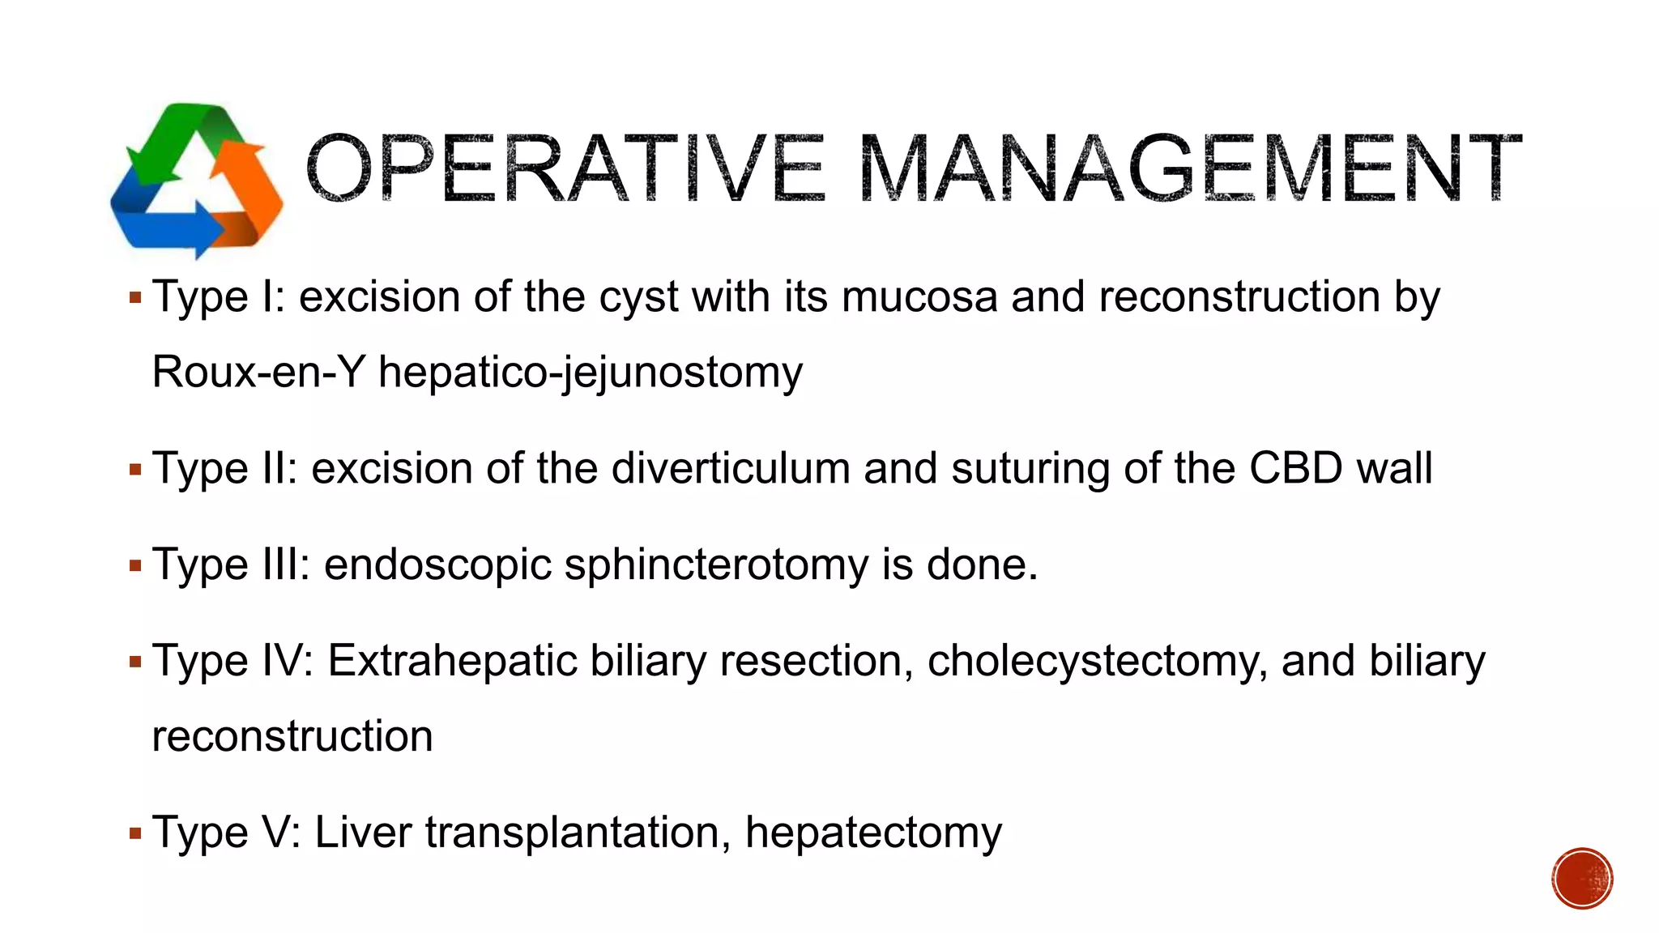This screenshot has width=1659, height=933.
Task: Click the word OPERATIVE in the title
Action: click(x=565, y=168)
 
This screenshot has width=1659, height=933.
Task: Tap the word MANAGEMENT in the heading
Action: click(x=1189, y=168)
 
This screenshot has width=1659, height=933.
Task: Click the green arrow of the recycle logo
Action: click(x=182, y=138)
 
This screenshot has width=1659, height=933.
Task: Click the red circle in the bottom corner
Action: click(x=1582, y=878)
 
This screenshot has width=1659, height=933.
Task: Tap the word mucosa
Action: click(x=919, y=296)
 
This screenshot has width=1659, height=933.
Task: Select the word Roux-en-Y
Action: click(x=258, y=373)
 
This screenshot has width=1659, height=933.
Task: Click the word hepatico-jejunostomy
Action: click(x=591, y=373)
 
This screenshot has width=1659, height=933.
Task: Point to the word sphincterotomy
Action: click(x=716, y=564)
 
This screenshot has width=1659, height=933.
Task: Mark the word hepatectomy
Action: click(x=873, y=833)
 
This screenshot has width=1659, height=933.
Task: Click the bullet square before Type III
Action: click(x=135, y=564)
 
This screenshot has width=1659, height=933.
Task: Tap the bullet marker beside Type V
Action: click(x=135, y=833)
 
